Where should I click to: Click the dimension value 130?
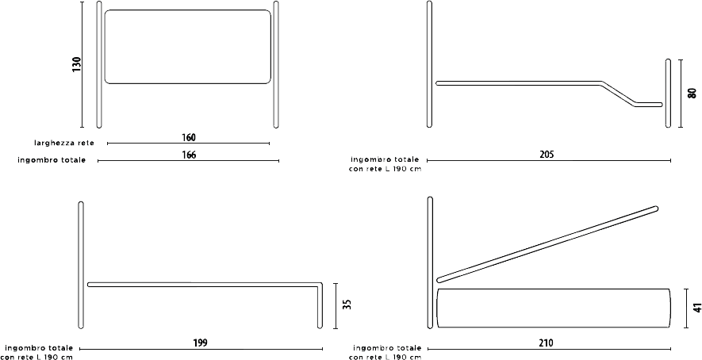point(77,64)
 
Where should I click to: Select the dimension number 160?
point(189,137)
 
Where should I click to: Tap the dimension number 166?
point(189,155)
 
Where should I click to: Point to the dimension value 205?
point(547,155)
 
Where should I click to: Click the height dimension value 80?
point(692,93)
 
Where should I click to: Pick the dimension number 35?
point(347,304)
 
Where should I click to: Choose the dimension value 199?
point(200,343)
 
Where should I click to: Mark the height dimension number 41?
point(696,308)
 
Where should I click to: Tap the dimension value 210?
point(547,343)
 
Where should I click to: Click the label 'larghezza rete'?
point(64,144)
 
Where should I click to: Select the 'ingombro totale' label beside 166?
point(52,160)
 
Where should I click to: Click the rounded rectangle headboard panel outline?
point(187,10)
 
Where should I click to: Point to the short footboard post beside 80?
point(669,93)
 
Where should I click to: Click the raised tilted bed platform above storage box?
point(547,244)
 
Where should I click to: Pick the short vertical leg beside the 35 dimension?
point(320,306)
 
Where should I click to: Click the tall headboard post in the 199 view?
point(81,265)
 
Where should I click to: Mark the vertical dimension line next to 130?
point(82,64)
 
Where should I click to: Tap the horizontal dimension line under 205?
point(549,160)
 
